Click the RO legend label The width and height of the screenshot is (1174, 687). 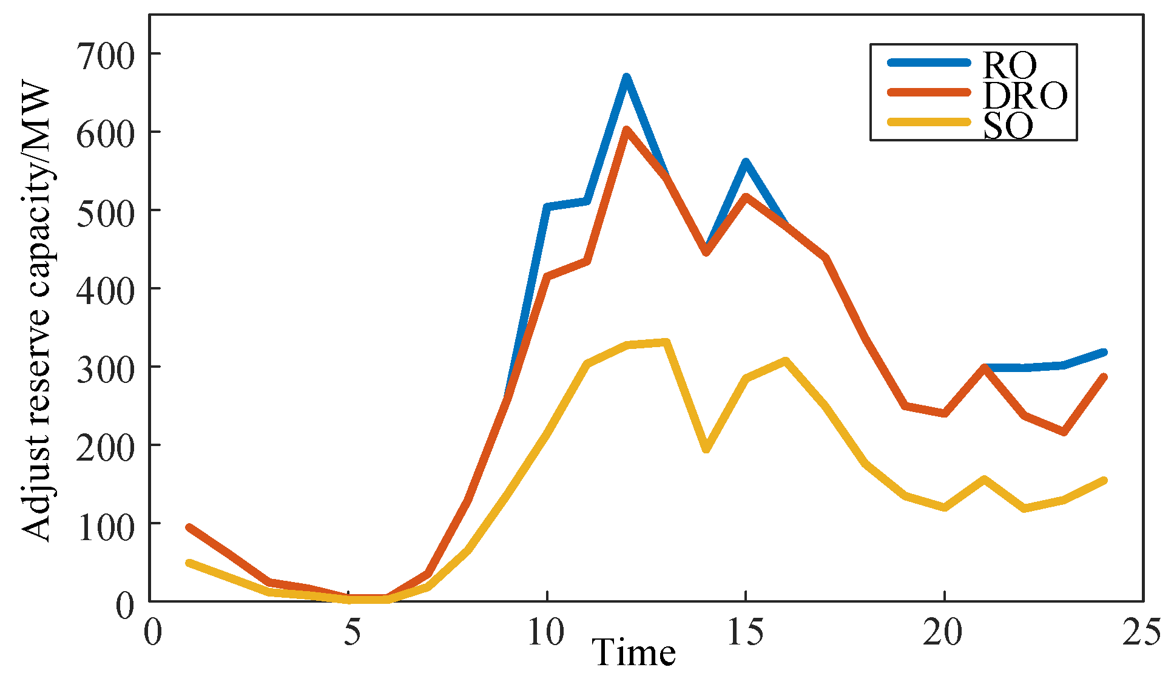click(x=1010, y=64)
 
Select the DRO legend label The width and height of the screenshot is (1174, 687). click(x=1025, y=95)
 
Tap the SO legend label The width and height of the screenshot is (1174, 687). click(x=1008, y=126)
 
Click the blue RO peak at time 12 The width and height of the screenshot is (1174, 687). click(x=627, y=77)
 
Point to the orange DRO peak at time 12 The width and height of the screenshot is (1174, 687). click(x=627, y=130)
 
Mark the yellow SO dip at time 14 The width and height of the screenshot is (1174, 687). click(x=706, y=450)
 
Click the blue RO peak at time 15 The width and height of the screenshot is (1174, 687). click(x=746, y=161)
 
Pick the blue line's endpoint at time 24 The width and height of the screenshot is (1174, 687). click(x=1104, y=352)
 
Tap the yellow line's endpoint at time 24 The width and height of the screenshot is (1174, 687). click(x=1104, y=481)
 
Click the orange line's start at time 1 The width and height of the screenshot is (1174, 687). click(x=189, y=527)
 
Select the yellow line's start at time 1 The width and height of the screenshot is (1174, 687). click(x=189, y=563)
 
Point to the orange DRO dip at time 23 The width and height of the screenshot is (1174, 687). click(x=1064, y=432)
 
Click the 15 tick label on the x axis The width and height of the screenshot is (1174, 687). click(x=745, y=632)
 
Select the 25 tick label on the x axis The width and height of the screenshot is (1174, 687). click(x=1142, y=632)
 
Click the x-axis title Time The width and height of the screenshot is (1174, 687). click(x=634, y=654)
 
